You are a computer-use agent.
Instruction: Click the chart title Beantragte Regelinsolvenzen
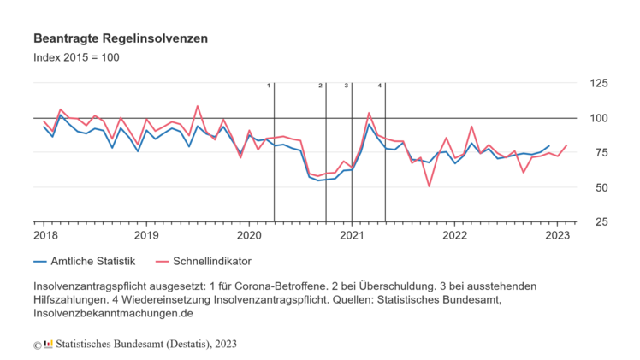pyautogui.click(x=121, y=39)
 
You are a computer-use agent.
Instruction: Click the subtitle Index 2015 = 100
pyautogui.click(x=76, y=58)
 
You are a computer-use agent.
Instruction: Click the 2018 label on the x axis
pyautogui.click(x=44, y=235)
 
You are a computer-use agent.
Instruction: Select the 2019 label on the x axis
pyautogui.click(x=146, y=235)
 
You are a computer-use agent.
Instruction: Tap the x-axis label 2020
pyautogui.click(x=249, y=235)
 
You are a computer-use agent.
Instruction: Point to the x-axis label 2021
pyautogui.click(x=352, y=235)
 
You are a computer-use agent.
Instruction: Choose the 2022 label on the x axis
pyautogui.click(x=454, y=235)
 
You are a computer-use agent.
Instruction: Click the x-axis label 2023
pyautogui.click(x=558, y=235)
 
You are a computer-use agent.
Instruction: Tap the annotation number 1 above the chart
pyautogui.click(x=269, y=86)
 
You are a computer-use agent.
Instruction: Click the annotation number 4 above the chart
pyautogui.click(x=380, y=86)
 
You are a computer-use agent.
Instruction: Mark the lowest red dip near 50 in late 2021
pyautogui.click(x=429, y=186)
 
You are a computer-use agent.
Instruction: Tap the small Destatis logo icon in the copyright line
pyautogui.click(x=48, y=344)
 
